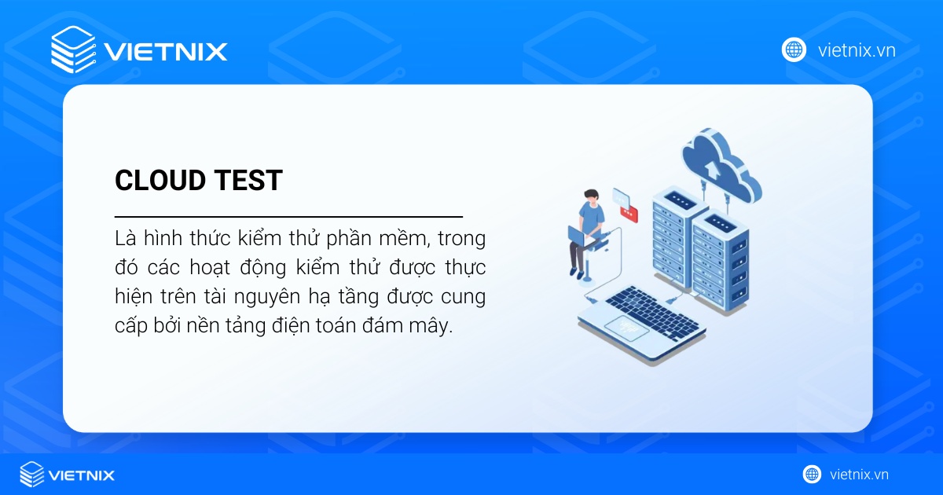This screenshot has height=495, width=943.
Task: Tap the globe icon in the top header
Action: point(794,49)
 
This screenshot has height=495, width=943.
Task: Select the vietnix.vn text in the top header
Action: point(857,50)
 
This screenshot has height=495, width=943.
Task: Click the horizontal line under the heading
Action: point(288,215)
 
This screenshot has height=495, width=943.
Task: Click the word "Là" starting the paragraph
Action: point(125,237)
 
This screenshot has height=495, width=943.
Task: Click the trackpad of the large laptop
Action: point(626,331)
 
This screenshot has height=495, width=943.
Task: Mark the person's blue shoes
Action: point(580,274)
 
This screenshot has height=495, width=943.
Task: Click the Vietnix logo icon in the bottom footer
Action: point(32,475)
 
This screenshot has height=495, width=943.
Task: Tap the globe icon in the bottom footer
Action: point(812,475)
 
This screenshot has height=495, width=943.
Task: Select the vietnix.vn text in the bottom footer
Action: point(859,475)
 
